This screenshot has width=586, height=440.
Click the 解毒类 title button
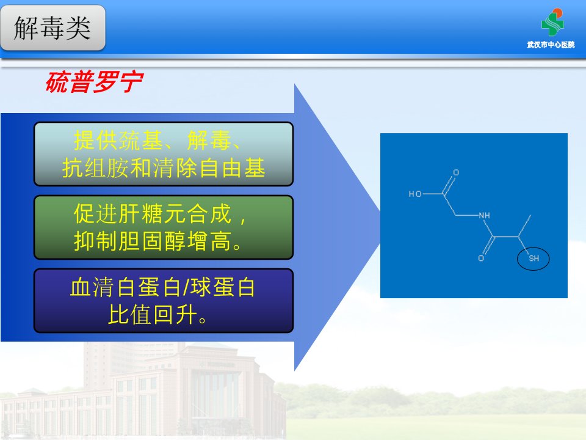(52, 28)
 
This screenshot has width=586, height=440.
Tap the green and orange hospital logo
(552, 22)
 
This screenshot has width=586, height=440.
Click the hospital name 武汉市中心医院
(551, 45)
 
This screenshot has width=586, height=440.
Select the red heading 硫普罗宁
(95, 82)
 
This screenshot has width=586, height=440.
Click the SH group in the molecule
(534, 258)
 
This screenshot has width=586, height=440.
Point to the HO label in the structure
(415, 194)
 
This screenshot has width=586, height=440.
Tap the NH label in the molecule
(484, 215)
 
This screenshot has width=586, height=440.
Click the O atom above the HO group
(456, 172)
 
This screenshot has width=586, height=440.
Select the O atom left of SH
(481, 258)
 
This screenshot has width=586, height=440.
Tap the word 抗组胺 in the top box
(95, 167)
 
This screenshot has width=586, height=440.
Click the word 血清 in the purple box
(92, 287)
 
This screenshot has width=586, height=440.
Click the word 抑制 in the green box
(96, 241)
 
